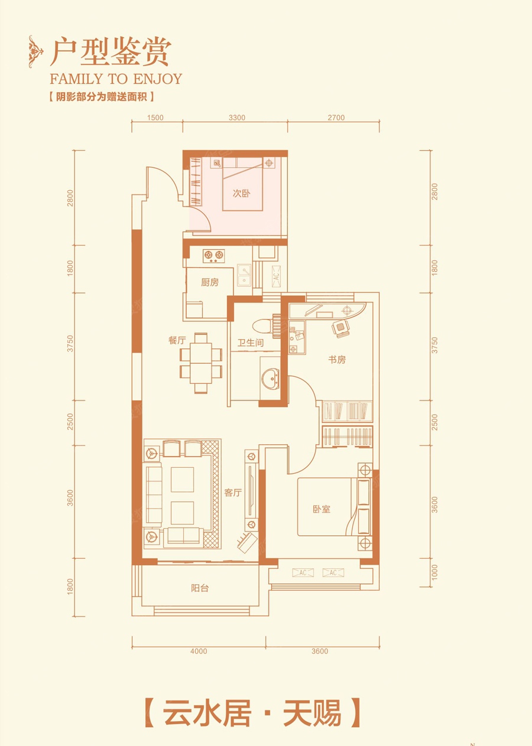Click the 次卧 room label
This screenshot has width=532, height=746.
pos(242,193)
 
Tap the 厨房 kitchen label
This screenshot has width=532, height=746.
pos(210,282)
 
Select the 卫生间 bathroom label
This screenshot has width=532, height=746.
pos(251,343)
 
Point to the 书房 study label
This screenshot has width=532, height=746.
pos(337,360)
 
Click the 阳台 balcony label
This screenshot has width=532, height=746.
pos(200,588)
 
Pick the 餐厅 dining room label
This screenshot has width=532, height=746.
pos(177,340)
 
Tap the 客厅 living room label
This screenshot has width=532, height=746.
pos(233,492)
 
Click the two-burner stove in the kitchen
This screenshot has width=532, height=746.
pos(213,256)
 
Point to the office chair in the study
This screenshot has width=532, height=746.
pos(340,328)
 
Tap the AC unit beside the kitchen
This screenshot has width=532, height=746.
pos(276,276)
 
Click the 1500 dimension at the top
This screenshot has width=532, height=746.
pos(155,118)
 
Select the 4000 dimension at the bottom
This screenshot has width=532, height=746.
pos(199,651)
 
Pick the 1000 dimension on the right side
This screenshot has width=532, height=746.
pos(434,572)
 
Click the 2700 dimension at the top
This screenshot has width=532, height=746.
pos(336,118)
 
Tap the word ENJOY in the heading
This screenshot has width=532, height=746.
pos(157,79)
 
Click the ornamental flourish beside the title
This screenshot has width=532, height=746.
pos(35,51)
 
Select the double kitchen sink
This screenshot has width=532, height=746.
pos(244,275)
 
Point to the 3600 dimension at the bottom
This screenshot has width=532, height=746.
pos(320,651)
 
